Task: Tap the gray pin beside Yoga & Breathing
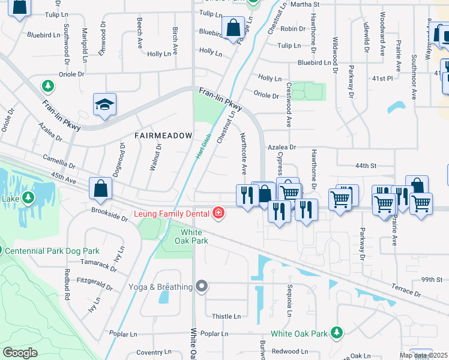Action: [202, 287]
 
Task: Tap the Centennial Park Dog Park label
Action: [53, 250]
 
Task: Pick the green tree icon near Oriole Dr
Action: [47, 86]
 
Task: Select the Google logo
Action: [20, 353]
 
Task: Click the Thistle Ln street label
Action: [226, 316]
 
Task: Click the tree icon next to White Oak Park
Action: [337, 332]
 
